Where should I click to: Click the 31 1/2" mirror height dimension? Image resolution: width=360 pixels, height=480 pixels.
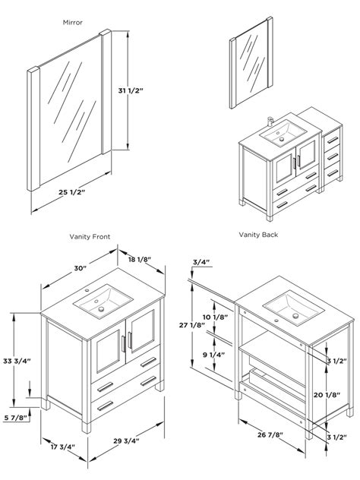click(131, 90)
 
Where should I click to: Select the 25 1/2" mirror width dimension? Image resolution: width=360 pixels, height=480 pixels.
click(71, 192)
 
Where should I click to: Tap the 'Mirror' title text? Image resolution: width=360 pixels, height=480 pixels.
click(73, 22)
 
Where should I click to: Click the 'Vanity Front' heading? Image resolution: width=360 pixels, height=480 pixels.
click(90, 237)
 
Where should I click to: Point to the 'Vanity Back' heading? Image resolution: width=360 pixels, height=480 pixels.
click(258, 235)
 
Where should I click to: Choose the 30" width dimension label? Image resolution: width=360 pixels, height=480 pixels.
click(81, 268)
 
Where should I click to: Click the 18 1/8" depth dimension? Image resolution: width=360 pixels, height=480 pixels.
click(140, 260)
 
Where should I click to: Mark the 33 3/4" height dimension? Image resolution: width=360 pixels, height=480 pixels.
click(17, 361)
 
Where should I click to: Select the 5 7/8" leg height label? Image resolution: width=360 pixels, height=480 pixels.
click(16, 417)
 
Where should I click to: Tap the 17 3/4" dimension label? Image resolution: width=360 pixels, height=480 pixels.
click(63, 447)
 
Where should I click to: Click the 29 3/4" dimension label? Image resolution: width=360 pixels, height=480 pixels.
click(126, 441)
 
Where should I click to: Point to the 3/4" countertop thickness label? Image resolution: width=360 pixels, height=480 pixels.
click(201, 262)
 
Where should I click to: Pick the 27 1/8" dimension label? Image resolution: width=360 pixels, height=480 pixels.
click(192, 325)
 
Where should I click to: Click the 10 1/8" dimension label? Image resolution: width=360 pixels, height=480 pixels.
click(215, 317)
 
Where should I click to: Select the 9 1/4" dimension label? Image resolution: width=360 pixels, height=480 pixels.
click(213, 355)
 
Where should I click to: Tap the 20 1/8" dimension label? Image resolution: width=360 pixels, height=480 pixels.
click(327, 395)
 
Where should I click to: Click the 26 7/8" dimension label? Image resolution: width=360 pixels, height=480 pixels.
click(270, 434)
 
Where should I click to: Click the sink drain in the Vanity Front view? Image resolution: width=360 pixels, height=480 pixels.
click(101, 309)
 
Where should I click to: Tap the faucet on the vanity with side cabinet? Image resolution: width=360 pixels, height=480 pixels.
click(270, 122)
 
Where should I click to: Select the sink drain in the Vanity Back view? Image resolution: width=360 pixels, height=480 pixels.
click(295, 316)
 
